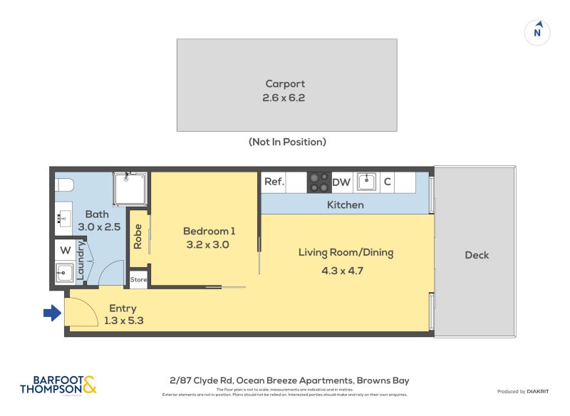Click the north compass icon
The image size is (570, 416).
538,32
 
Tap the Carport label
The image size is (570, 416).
286,83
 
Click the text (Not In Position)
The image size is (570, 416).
287,142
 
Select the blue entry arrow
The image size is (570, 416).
52,313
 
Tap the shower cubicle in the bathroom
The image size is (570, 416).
130,189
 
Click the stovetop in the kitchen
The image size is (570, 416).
318,182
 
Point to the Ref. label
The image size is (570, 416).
274,182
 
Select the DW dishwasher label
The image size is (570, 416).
341,182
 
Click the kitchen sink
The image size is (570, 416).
366,182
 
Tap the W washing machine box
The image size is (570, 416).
65,250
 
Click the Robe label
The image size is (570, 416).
138,237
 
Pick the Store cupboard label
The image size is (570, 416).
138,280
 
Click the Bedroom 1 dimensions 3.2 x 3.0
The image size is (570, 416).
209,244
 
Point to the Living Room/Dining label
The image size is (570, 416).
346,252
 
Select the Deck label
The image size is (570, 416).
476,255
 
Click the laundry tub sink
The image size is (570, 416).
64,272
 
